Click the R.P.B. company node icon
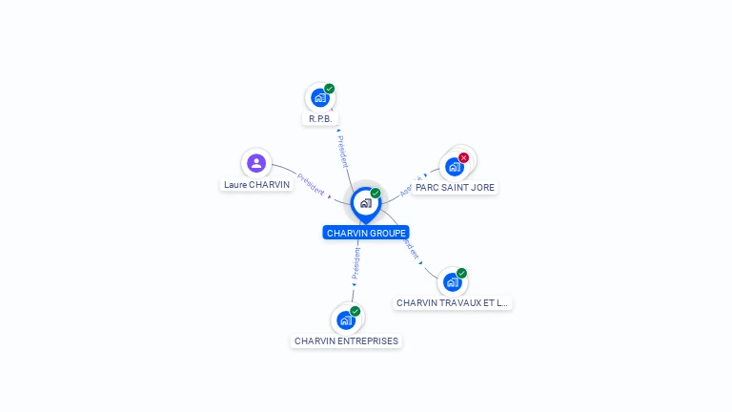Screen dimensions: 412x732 (319, 98)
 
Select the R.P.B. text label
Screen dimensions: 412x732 (319, 119)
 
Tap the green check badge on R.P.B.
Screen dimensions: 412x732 (330, 89)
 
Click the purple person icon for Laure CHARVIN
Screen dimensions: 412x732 (256, 163)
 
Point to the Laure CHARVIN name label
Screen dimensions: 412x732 (256, 185)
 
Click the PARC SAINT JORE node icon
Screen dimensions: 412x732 (454, 167)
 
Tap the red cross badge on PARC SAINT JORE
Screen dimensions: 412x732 (464, 157)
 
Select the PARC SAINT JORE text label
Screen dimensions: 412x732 (456, 188)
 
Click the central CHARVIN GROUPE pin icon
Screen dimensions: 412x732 (365, 203)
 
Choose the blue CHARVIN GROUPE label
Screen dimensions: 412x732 (366, 233)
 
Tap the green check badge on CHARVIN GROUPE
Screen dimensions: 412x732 (376, 194)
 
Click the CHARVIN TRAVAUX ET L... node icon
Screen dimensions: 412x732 (452, 282)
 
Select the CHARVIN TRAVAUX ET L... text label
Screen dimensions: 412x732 (453, 303)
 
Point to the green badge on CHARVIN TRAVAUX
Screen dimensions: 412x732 (462, 273)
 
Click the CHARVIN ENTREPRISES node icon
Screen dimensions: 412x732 (345, 320)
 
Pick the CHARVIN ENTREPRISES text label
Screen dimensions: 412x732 (346, 341)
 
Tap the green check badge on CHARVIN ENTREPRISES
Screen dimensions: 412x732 (356, 311)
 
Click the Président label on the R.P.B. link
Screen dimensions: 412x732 (343, 152)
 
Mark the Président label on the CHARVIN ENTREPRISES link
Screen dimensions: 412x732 (356, 264)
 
